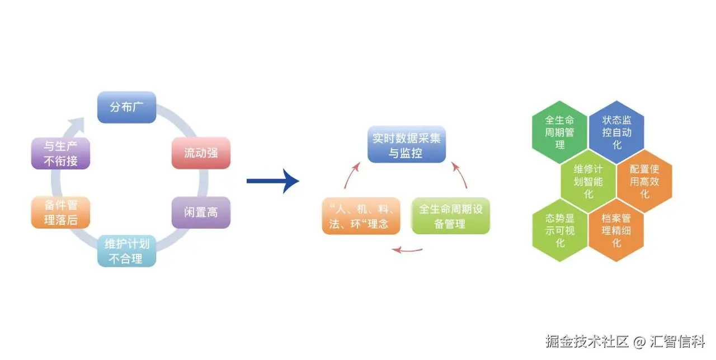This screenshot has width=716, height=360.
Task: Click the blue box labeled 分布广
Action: coord(126,107)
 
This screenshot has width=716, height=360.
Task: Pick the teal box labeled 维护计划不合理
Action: coord(126,252)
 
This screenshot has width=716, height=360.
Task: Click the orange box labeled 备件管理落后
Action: coord(60,212)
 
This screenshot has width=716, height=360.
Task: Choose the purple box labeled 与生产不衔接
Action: coord(60,153)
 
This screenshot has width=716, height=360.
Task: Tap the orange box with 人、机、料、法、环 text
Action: coord(361,216)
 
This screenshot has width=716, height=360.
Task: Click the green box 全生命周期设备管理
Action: coord(451,216)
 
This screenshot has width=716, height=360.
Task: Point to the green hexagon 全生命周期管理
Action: coord(560,132)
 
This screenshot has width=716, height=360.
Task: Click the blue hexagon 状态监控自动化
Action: coord(616,132)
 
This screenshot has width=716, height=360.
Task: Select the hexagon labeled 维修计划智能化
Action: coord(588,181)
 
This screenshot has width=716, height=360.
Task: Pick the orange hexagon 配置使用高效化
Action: coord(644,181)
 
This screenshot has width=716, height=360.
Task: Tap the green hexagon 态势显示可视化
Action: coord(560,230)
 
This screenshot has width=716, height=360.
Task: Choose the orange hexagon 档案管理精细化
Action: coord(616,230)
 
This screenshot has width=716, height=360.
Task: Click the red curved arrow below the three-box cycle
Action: coord(407,249)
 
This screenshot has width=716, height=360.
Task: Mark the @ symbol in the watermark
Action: coord(639,341)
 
